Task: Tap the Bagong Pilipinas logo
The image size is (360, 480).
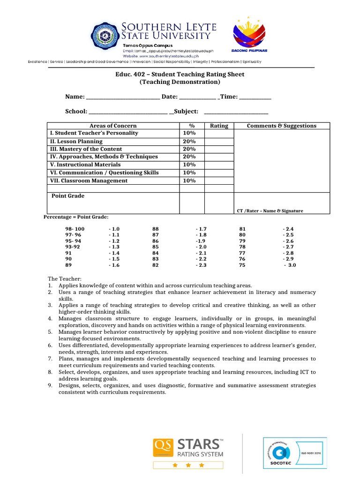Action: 249,36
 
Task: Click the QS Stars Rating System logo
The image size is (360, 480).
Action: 188,452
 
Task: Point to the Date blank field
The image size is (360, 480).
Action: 198,97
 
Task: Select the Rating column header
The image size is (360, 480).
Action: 219,126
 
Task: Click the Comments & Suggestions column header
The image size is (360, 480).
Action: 281,126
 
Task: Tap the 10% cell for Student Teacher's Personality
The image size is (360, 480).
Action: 189,133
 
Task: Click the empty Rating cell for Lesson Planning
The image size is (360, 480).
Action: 219,141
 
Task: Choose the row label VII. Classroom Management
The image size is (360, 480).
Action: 89,180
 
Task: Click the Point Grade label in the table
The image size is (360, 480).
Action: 68,196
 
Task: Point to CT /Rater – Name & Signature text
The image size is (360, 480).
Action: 270,211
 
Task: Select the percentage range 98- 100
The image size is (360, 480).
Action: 75,229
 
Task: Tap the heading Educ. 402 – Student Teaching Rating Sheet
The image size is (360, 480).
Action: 180,74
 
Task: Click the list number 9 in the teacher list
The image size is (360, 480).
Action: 50,385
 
